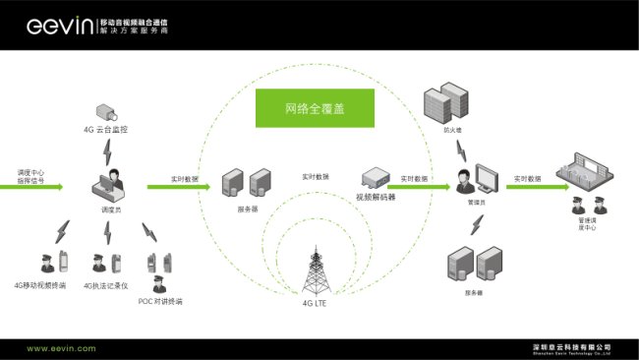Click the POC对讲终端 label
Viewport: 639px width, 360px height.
(x=160, y=301)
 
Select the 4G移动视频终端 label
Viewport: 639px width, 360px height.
(x=40, y=286)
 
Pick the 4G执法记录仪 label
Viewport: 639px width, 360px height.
(x=105, y=286)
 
